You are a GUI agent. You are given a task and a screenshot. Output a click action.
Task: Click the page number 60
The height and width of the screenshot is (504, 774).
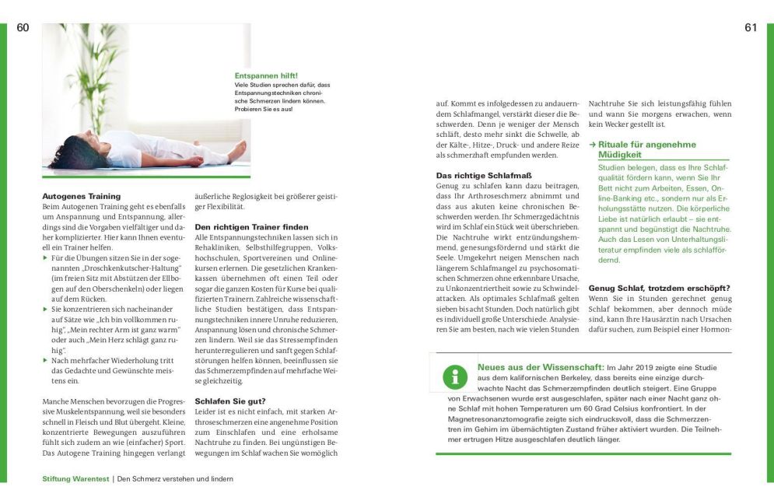click(23, 27)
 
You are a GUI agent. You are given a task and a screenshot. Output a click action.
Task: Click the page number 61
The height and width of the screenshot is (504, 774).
click(751, 27)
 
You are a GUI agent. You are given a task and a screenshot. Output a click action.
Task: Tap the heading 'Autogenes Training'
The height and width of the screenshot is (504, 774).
click(81, 196)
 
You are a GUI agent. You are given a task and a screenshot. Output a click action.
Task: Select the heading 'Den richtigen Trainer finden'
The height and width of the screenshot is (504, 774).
click(240, 226)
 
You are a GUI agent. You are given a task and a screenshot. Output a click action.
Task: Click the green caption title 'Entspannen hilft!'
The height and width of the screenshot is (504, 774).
click(266, 75)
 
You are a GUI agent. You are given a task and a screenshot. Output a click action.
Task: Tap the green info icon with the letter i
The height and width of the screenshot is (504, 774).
click(454, 377)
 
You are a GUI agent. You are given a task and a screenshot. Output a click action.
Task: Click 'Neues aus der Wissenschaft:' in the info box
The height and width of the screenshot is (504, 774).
click(540, 366)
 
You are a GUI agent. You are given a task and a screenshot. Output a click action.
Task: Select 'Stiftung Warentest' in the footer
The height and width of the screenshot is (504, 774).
click(76, 479)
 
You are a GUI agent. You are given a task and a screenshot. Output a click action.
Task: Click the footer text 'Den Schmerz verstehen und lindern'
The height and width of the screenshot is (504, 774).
click(175, 479)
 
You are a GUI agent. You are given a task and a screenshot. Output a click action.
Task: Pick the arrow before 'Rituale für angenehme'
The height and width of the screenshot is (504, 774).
click(593, 145)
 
